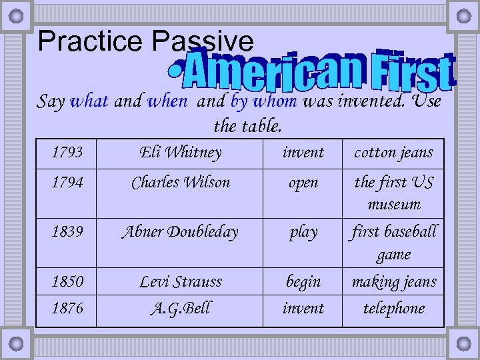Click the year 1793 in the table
pos(67,153)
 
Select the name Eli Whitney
pos(181,153)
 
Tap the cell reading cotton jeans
pos(393,153)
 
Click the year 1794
pos(67,182)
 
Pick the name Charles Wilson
pos(181,182)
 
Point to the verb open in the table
pos(303,182)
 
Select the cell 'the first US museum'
pos(393,193)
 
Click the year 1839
pos(67,232)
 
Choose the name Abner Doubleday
pos(180,232)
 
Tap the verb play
pos(303,233)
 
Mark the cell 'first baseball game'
pos(393,243)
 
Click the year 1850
pos(67,282)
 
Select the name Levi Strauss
pos(181,282)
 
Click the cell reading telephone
pos(393,308)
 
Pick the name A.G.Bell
pos(181,308)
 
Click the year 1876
pos(67,308)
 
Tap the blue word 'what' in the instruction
pos(89,102)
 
